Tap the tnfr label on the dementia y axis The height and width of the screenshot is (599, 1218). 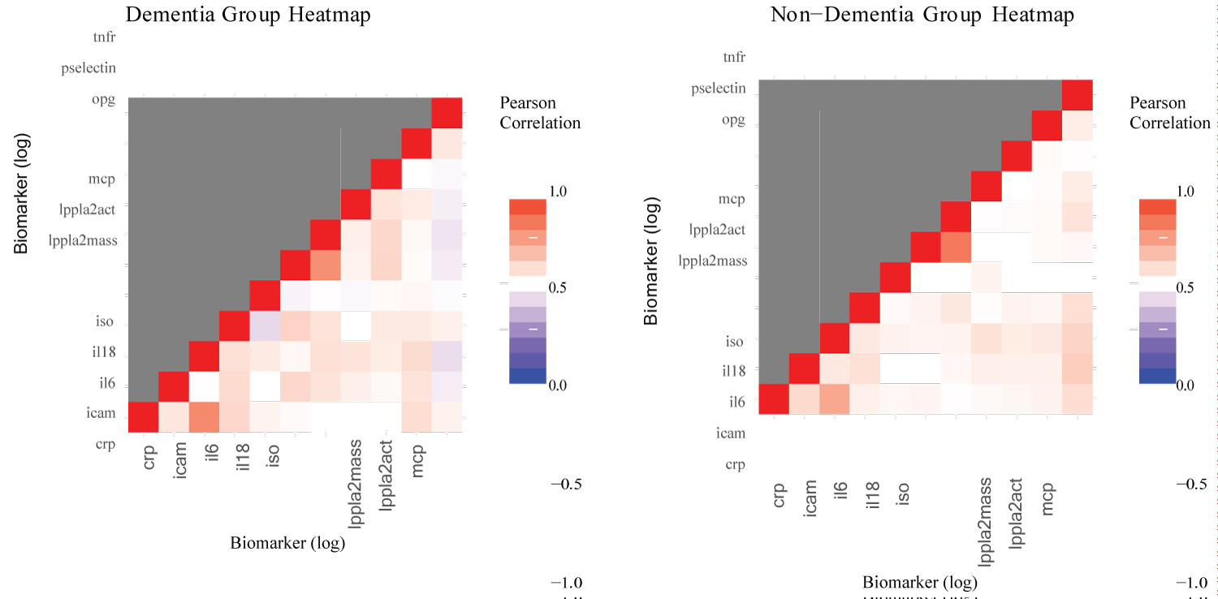coord(105,37)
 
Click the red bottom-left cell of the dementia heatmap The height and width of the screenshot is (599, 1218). coord(143,417)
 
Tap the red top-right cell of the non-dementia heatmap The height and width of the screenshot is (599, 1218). coord(1078,95)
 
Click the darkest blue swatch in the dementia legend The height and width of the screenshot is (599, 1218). coord(527,376)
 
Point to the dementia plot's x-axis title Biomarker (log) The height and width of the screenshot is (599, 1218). coord(288,543)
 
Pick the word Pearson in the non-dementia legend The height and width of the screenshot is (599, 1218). coord(1157,103)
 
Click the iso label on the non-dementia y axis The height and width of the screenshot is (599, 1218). coord(735,342)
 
